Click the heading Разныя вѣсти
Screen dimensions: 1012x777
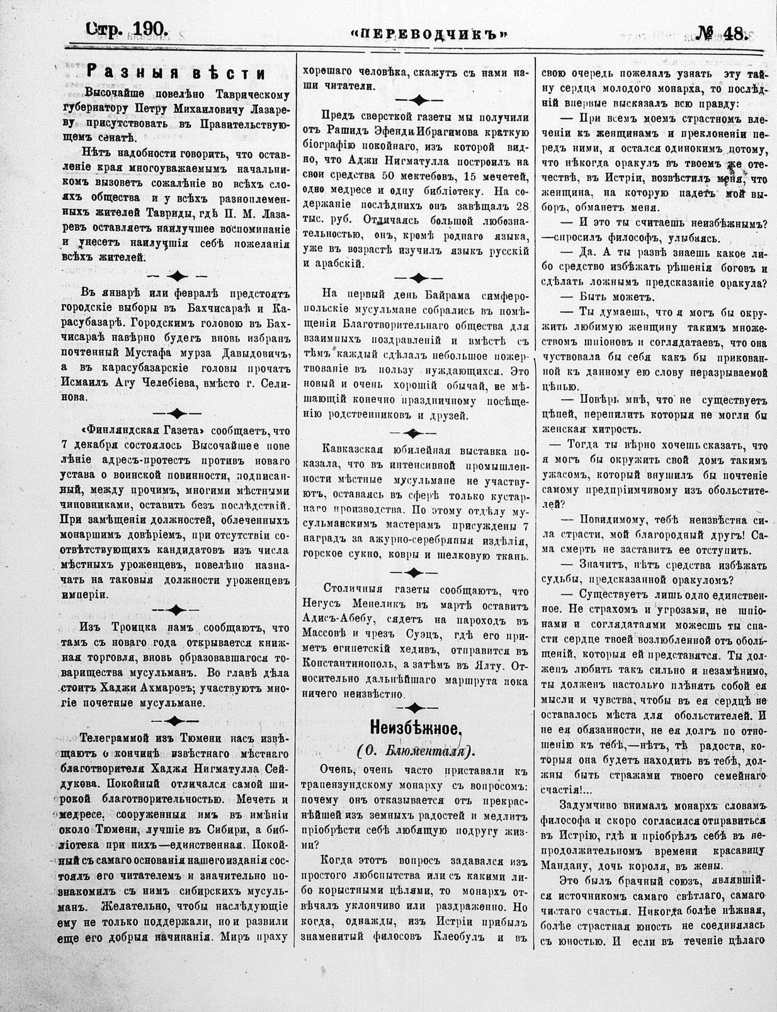[x=175, y=72]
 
